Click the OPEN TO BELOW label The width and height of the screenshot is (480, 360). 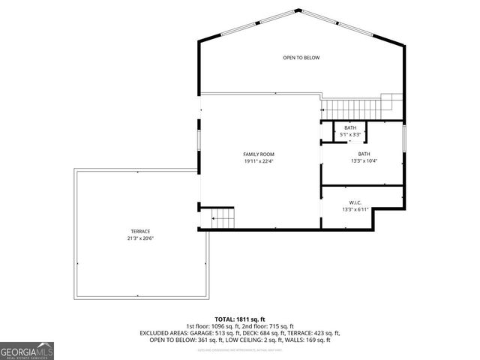point(301,58)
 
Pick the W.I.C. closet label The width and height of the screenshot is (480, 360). point(355,202)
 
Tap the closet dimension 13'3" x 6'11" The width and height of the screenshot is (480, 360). point(355,209)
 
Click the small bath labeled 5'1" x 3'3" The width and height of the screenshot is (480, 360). point(350,130)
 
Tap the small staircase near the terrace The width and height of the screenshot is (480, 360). point(223,219)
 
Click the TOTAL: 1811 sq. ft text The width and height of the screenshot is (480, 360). point(239,319)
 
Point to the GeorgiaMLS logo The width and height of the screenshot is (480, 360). point(27,351)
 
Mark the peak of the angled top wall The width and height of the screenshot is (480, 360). point(301,10)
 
